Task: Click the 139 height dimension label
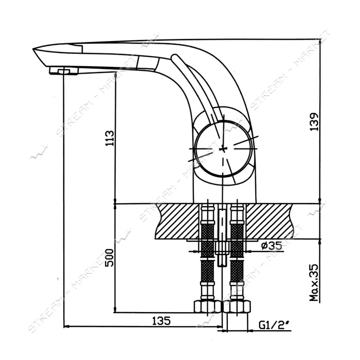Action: (x=314, y=122)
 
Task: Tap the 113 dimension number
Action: (x=109, y=138)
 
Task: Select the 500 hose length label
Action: (x=109, y=258)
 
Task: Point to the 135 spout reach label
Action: (x=161, y=321)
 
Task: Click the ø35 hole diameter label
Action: (x=272, y=246)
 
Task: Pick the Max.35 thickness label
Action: (x=314, y=282)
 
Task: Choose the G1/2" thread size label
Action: (x=275, y=325)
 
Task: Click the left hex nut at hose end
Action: (x=208, y=307)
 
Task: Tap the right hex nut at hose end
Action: (x=237, y=307)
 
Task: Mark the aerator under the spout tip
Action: (x=64, y=70)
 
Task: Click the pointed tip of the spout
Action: (x=33, y=49)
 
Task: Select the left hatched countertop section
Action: (x=177, y=221)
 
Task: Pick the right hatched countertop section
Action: (x=269, y=221)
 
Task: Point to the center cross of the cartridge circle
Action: (x=222, y=149)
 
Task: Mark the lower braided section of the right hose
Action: (x=237, y=271)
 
